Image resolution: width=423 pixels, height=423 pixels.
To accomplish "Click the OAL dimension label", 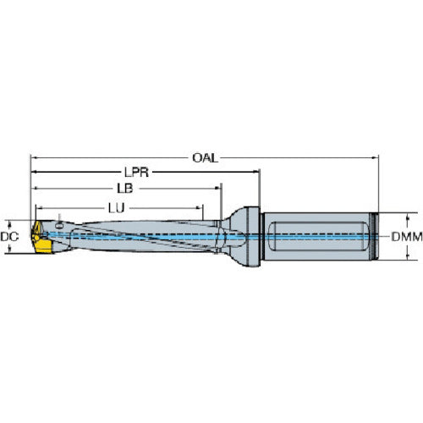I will [x=204, y=156].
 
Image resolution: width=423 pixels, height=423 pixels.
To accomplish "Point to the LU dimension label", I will [x=117, y=206].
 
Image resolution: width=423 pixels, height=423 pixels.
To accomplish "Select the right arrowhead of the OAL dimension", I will [x=373, y=156].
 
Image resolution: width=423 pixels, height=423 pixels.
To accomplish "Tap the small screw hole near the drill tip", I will [x=61, y=224].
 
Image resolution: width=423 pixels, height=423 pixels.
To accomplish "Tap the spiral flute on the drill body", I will [x=135, y=232].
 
